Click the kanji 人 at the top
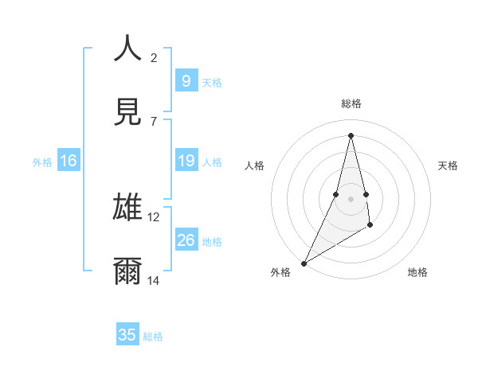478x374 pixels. [x=127, y=48]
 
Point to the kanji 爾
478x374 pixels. [x=127, y=271]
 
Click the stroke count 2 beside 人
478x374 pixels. [x=154, y=57]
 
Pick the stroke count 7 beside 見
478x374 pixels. [x=154, y=121]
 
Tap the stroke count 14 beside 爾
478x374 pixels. [x=154, y=281]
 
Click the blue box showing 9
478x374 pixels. [x=186, y=80]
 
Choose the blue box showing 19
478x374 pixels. [x=186, y=161]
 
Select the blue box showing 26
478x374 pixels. [x=186, y=240]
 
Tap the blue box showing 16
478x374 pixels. [x=68, y=161]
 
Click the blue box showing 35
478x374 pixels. [x=127, y=335]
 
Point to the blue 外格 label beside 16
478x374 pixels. [x=42, y=162]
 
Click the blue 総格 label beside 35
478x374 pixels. [x=153, y=337]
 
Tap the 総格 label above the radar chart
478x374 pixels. [x=351, y=103]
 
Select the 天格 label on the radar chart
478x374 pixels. [x=449, y=166]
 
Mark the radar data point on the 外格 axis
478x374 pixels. [x=304, y=263]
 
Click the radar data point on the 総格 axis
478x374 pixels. [x=351, y=135]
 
